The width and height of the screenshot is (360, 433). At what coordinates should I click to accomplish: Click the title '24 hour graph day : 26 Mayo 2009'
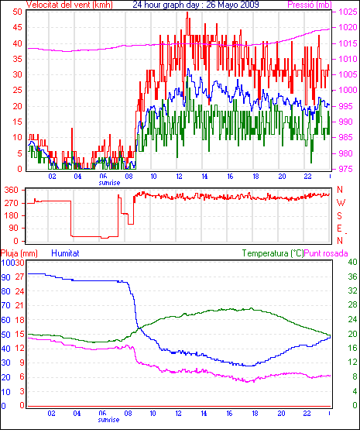[196, 5]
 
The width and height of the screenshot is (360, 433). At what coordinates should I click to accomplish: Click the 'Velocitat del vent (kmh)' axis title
[70, 5]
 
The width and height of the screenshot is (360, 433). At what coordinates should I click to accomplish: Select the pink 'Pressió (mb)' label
[310, 5]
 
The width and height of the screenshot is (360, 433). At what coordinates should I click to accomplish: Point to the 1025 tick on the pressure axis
[348, 12]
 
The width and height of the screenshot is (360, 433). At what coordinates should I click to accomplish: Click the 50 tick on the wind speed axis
[17, 12]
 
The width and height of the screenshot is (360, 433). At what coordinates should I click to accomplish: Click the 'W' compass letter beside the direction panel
[341, 203]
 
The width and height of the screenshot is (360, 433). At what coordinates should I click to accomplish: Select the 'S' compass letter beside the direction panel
[340, 215]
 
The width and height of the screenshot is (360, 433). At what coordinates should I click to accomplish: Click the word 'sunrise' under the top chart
[109, 183]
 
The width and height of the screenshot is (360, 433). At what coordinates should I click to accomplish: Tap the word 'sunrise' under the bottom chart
[108, 420]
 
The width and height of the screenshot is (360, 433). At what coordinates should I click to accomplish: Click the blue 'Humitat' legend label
[66, 253]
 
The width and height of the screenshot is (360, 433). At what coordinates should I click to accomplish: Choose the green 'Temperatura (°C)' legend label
[273, 253]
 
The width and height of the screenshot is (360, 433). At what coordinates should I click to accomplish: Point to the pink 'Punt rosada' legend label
[326, 253]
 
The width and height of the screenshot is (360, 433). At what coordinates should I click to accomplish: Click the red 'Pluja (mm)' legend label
[19, 253]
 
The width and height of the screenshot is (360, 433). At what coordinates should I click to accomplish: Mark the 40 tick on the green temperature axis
[352, 262]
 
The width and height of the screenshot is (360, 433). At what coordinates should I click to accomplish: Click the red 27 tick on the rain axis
[19, 277]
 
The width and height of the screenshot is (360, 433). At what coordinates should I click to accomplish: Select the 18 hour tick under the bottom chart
[255, 414]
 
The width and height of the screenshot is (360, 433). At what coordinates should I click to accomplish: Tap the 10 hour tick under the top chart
[153, 176]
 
